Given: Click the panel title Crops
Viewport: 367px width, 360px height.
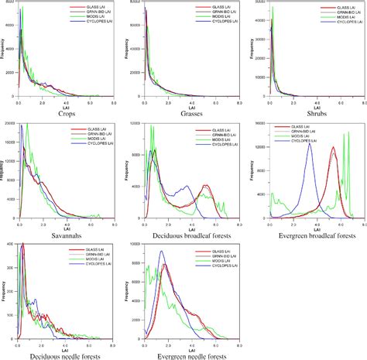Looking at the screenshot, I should [x=66, y=114].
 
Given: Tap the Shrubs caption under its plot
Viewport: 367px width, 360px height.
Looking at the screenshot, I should [x=313, y=114].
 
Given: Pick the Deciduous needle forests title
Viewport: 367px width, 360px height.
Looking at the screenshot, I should [x=66, y=355].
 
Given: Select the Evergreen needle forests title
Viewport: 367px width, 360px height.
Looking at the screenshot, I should [x=190, y=355].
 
